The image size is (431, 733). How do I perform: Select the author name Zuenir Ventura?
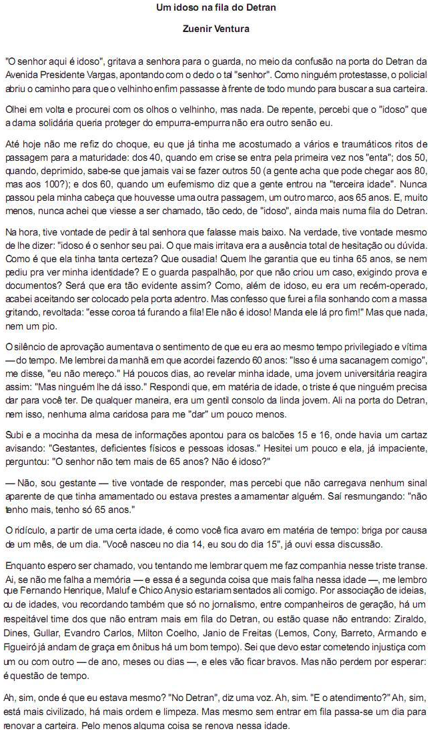click(x=215, y=29)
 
